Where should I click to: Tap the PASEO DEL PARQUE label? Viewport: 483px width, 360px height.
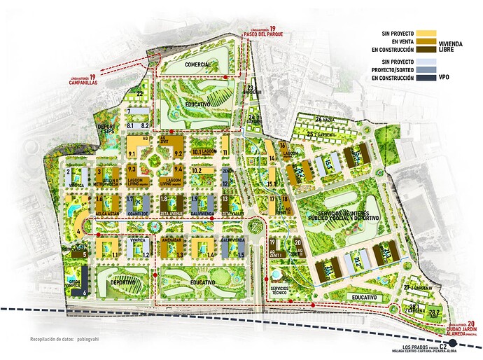[262, 34]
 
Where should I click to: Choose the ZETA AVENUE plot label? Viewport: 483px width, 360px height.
[170, 214]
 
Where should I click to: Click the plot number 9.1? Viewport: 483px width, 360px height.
[132, 153]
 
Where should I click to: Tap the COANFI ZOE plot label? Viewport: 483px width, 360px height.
[138, 214]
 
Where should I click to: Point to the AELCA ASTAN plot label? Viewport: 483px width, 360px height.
[106, 214]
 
